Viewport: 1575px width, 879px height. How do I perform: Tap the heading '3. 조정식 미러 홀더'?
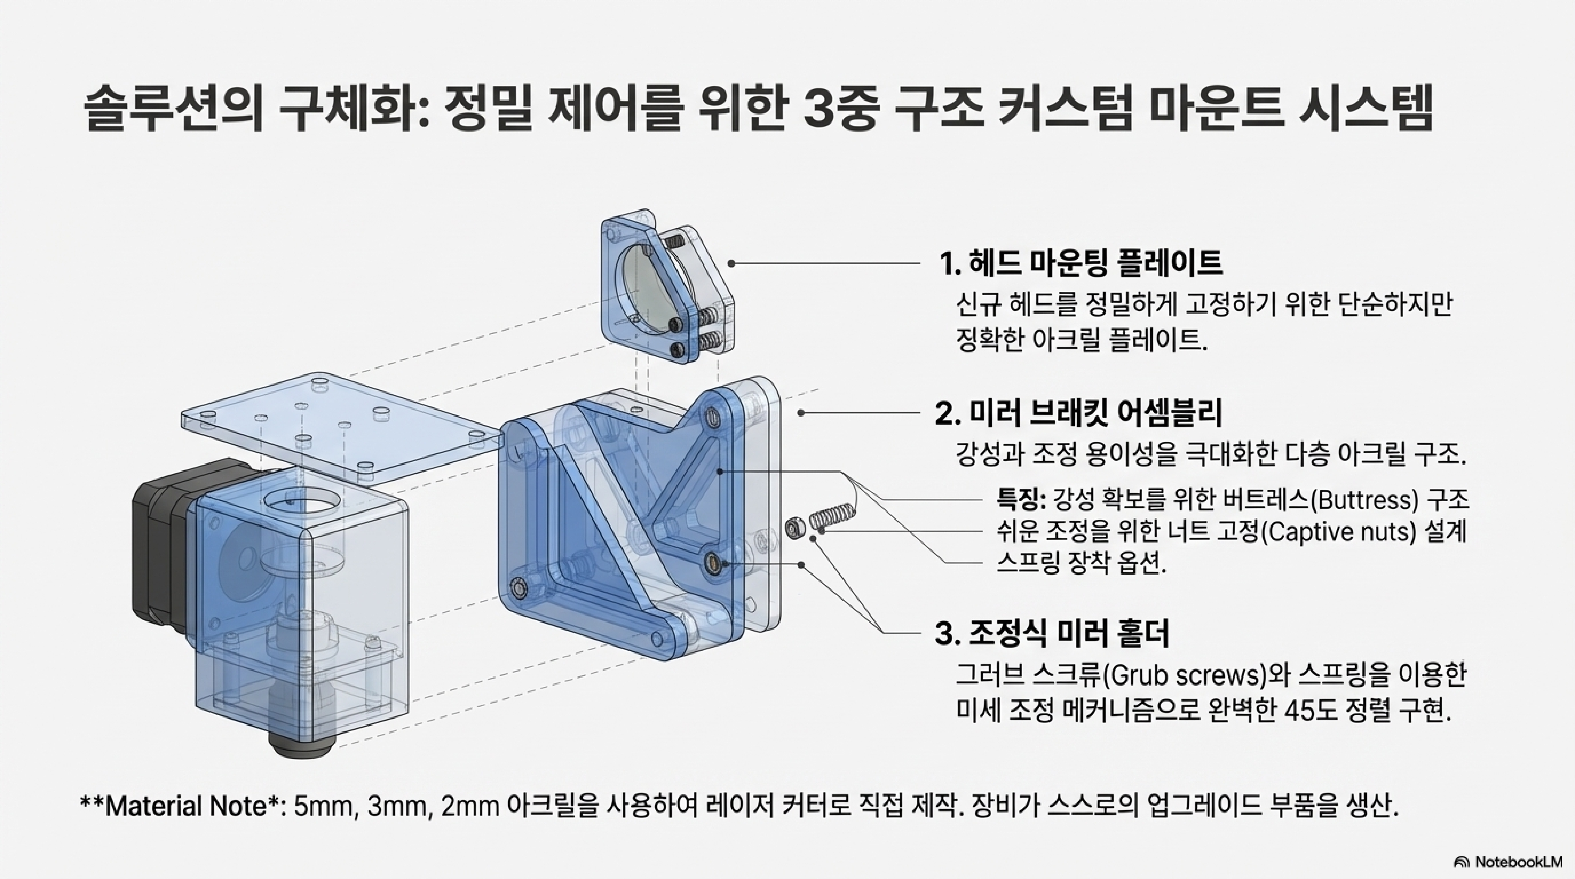point(1052,633)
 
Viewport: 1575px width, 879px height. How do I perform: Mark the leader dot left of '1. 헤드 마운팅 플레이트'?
point(731,263)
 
